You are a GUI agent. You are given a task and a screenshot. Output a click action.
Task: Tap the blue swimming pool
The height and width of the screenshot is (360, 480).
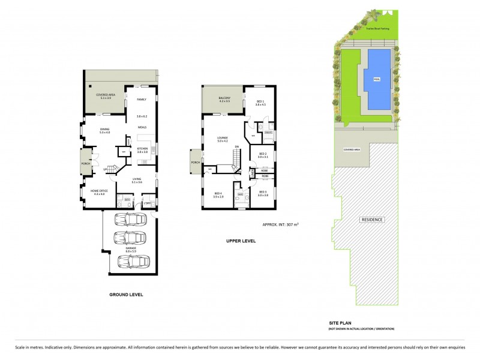coord(377,79)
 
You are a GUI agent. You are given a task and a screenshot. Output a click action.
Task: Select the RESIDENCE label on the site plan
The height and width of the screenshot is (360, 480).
coord(371,220)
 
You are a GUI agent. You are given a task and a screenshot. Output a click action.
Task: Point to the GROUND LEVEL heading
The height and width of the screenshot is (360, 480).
coord(126,295)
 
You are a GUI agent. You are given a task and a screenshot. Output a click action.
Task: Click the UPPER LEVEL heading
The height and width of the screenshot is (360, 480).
coord(241,241)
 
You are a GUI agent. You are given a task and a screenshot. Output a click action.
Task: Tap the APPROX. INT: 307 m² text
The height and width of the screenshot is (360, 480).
coord(281,224)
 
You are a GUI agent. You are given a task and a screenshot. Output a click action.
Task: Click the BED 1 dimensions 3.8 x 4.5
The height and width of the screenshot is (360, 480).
coord(260,104)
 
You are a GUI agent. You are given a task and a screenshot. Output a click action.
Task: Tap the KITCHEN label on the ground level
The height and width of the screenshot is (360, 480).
coord(142,148)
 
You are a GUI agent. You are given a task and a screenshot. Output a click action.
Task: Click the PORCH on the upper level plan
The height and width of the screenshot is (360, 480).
coord(195,162)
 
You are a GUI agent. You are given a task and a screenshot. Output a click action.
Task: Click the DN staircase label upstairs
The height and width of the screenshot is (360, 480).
coord(237,146)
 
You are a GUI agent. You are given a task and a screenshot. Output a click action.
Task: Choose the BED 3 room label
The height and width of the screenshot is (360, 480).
coord(262,192)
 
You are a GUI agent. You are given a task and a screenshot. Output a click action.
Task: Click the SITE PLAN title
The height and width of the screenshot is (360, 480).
coord(340,323)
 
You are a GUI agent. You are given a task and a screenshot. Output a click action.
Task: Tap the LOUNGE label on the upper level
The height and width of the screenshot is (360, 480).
coord(223,138)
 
